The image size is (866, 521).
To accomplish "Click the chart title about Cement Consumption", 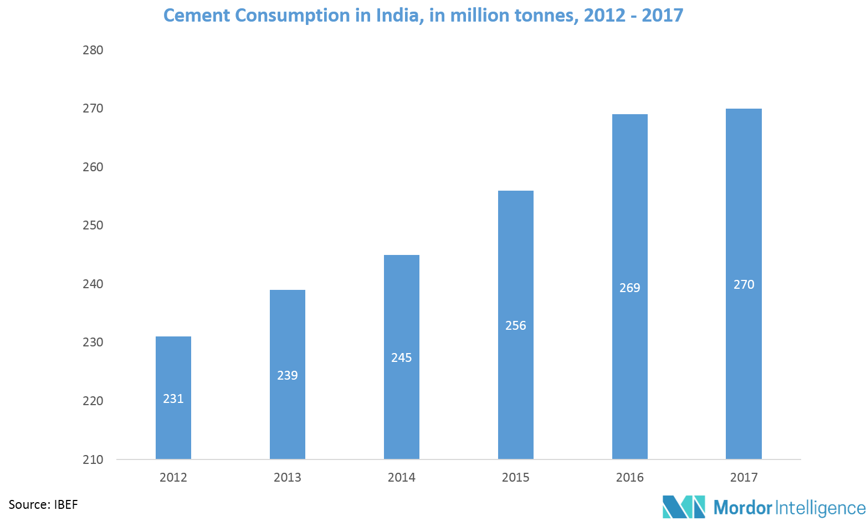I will coord(423,15).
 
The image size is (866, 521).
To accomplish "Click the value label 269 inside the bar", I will coord(630,288).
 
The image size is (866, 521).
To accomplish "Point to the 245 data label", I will coord(402,357).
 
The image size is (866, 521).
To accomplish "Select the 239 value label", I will coord(288,375).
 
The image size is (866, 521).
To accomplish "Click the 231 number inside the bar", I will coord(173,399).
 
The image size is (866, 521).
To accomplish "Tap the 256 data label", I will coord(516,325).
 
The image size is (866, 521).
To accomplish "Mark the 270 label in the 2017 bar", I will coord(744,284).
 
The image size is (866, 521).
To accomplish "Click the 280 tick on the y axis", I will coord(93,50).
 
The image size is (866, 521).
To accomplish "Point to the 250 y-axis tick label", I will coord(93,226).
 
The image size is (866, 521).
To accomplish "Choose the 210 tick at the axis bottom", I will coord(93,459).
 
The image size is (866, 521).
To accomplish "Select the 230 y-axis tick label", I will coord(93,343).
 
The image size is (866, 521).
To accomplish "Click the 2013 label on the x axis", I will coord(288,477).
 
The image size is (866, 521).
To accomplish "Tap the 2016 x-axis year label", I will coord(630,477).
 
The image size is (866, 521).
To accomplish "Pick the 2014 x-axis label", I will coord(402,477).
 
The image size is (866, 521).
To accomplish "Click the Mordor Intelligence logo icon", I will coord(684,507).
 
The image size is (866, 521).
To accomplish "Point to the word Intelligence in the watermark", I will coord(820,507).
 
